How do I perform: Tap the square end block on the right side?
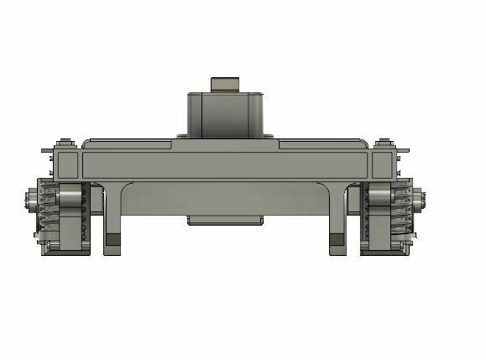pos(383,163)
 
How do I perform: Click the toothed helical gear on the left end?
pos(49,210)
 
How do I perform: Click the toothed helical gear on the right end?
pos(404,210)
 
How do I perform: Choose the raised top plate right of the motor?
pos(319,143)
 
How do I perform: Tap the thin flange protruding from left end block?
pos(46,150)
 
